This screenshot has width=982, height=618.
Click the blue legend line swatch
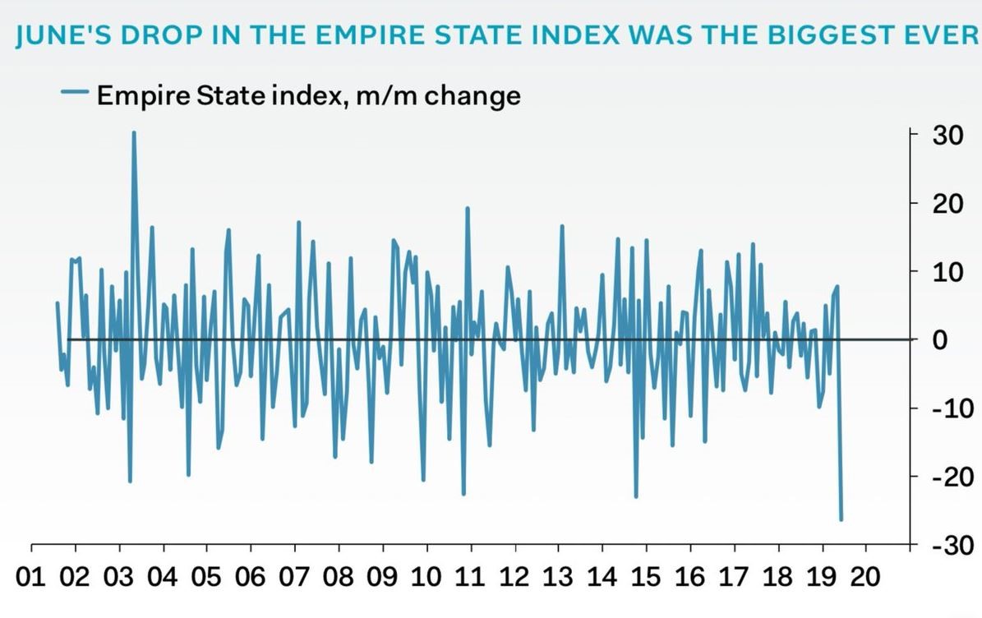[x=75, y=94]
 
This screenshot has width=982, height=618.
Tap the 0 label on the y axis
[x=939, y=339]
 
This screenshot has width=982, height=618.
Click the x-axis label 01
[x=31, y=576]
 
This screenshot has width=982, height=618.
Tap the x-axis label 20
[x=864, y=576]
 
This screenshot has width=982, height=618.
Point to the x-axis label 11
[x=469, y=576]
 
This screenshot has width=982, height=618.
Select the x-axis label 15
[x=644, y=576]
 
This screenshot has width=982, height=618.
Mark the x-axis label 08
[x=339, y=576]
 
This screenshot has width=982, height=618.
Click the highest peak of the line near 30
[x=134, y=132]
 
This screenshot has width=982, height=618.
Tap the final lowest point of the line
[x=841, y=519]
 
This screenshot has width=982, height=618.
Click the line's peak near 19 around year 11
[x=468, y=208]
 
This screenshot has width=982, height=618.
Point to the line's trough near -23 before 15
[x=636, y=496]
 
